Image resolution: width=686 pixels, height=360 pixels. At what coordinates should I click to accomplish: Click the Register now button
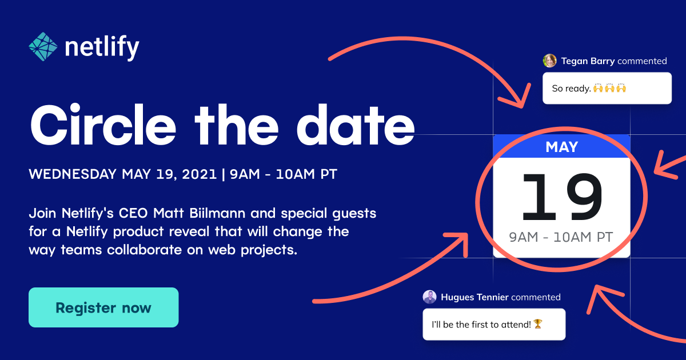pyautogui.click(x=103, y=307)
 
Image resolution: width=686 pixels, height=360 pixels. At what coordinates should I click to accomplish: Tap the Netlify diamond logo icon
pyautogui.click(x=43, y=46)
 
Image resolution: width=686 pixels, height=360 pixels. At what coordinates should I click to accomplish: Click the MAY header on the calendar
pyautogui.click(x=561, y=147)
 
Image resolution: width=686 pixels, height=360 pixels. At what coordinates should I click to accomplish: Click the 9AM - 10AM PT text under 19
pyautogui.click(x=561, y=237)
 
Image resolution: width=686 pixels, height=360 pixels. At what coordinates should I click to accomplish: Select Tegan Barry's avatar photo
pyautogui.click(x=550, y=61)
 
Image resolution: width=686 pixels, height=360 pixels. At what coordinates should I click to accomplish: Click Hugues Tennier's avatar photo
pyautogui.click(x=430, y=297)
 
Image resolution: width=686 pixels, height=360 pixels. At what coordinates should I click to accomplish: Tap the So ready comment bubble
pyautogui.click(x=607, y=88)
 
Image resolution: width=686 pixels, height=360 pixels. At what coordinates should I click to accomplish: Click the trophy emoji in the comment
pyautogui.click(x=537, y=324)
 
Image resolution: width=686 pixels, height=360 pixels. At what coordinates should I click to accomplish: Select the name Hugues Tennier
pyautogui.click(x=474, y=297)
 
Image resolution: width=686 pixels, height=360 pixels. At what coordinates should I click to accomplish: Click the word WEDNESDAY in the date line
pyautogui.click(x=73, y=174)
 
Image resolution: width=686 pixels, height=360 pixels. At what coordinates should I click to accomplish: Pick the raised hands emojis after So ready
pyautogui.click(x=609, y=89)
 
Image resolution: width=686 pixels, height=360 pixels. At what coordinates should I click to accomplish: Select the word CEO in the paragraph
pyautogui.click(x=134, y=214)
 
